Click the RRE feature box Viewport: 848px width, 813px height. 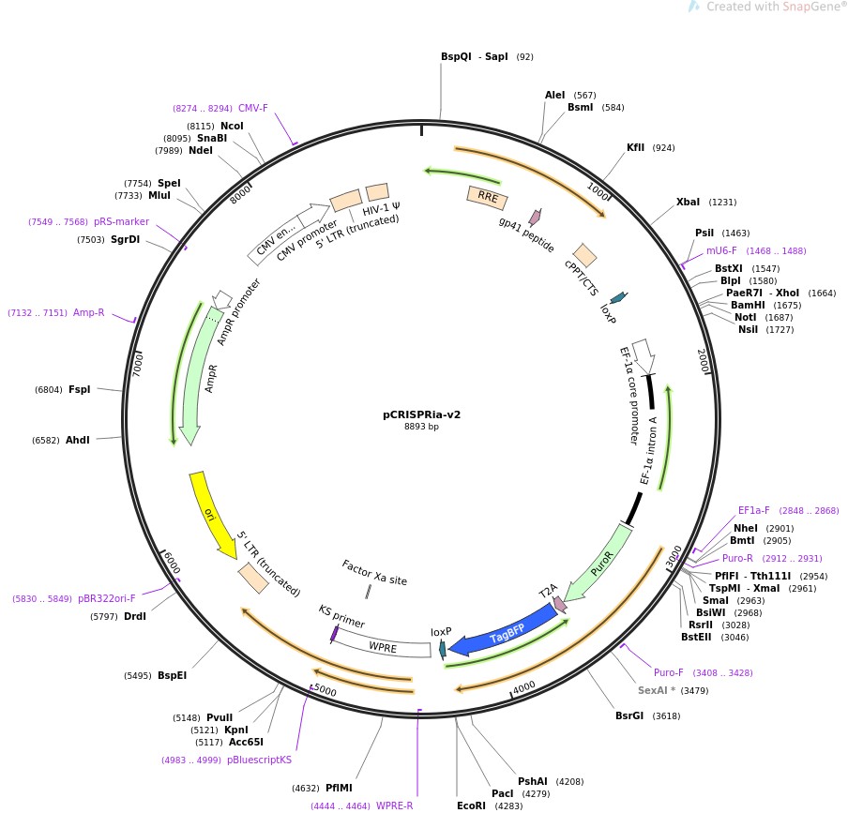[487, 198]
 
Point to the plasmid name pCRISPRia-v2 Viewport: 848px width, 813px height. [421, 414]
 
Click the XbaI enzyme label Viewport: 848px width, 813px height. [688, 202]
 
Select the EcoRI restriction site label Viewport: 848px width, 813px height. [472, 805]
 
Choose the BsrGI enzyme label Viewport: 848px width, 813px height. [629, 715]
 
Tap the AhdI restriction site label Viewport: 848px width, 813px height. [77, 440]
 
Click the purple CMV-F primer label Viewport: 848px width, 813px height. [252, 109]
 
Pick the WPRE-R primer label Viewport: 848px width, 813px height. [394, 805]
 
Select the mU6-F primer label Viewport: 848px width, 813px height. [721, 250]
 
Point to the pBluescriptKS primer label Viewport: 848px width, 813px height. [259, 760]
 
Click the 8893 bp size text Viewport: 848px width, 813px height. [421, 427]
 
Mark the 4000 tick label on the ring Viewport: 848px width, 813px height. [524, 686]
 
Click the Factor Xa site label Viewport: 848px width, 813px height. [374, 573]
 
